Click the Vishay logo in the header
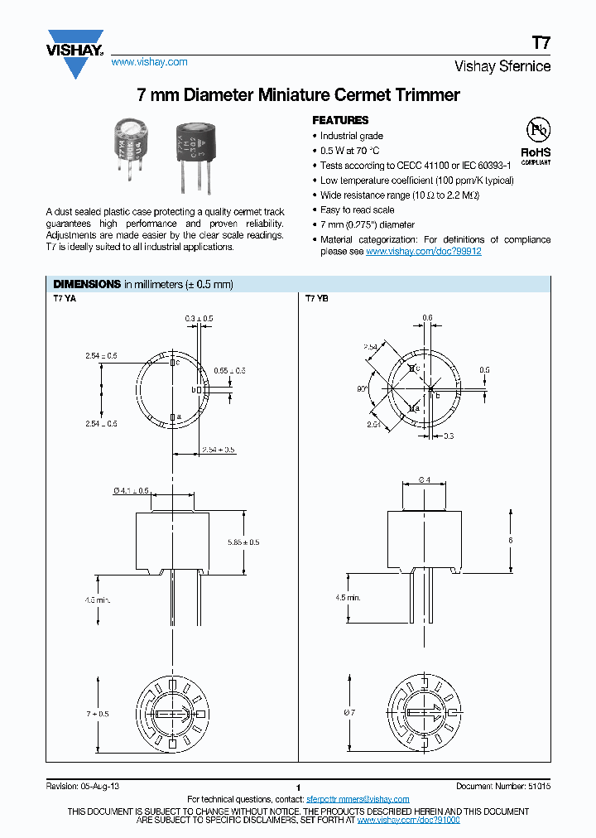[x=74, y=52]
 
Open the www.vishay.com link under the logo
[x=149, y=62]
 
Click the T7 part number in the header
[x=541, y=42]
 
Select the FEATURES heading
[x=340, y=120]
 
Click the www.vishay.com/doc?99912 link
[x=423, y=251]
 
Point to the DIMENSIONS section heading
[x=87, y=284]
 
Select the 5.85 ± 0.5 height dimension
[x=244, y=542]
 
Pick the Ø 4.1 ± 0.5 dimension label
[x=131, y=491]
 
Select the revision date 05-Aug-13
[x=101, y=785]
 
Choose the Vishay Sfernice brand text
[x=502, y=67]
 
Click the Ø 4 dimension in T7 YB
[x=423, y=480]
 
